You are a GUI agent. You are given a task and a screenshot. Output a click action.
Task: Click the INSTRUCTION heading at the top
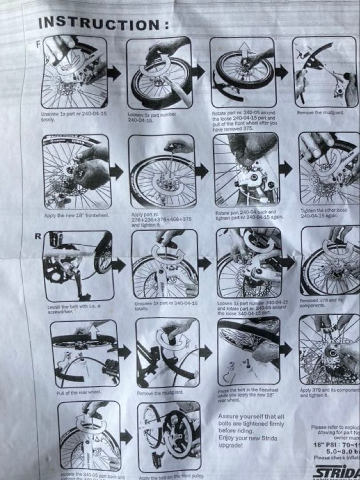103,23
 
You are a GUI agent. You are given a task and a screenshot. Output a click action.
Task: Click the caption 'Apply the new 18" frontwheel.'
76,216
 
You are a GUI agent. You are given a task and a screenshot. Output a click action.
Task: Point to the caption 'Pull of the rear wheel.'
79,393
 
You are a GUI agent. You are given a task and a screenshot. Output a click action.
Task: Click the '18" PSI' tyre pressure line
336,444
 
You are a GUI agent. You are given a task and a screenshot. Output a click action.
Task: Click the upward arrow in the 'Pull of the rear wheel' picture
93,331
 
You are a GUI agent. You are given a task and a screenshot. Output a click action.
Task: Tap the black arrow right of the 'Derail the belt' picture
119,265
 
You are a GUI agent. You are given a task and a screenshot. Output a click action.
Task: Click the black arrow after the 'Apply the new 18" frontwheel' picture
116,172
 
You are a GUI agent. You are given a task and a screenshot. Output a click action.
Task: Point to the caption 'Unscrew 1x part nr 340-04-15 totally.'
165,306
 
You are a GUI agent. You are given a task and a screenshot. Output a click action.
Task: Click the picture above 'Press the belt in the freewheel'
248,351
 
